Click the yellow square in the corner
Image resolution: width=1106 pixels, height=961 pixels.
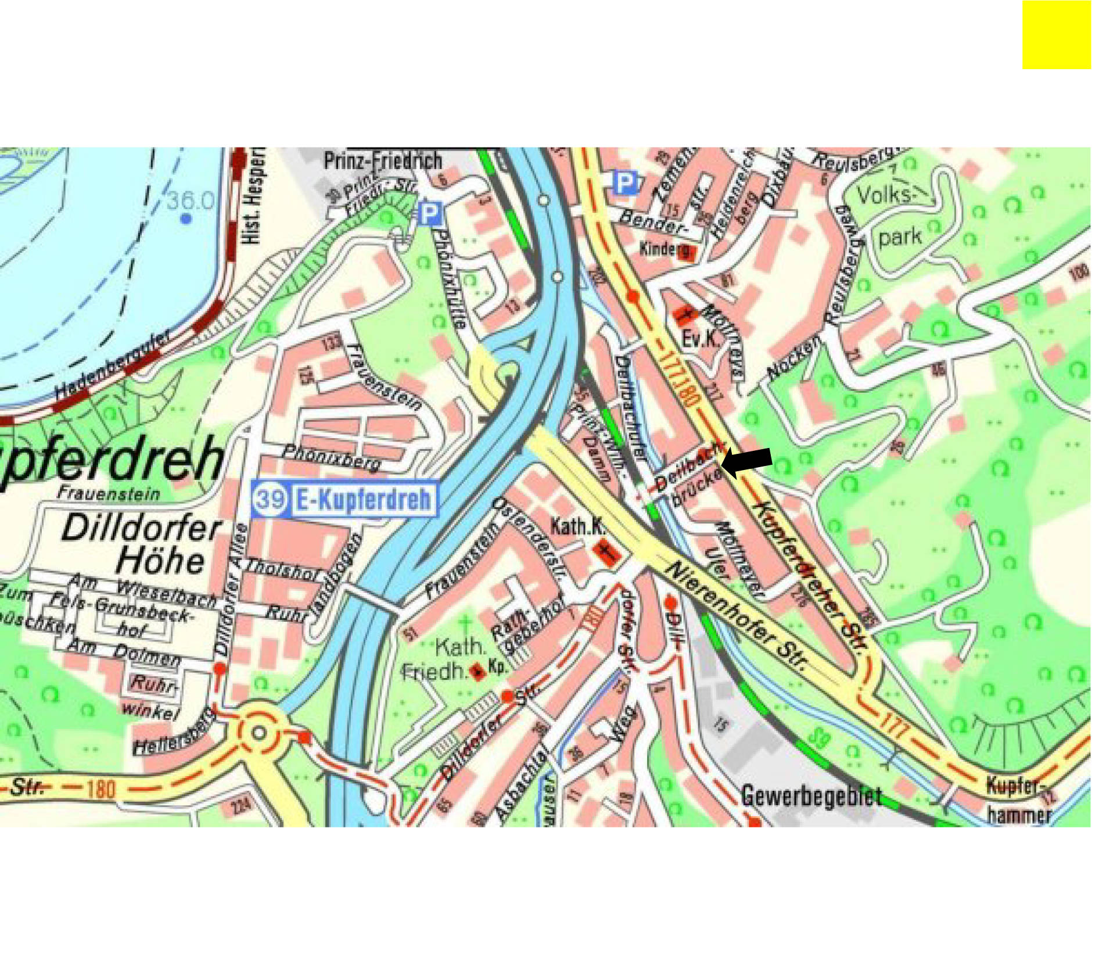pyautogui.click(x=1056, y=35)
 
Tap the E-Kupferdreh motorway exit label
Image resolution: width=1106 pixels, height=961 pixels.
pyautogui.click(x=364, y=499)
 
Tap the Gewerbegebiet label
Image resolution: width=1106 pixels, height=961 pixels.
pyautogui.click(x=812, y=795)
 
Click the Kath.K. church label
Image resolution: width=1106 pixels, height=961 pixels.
pyautogui.click(x=577, y=526)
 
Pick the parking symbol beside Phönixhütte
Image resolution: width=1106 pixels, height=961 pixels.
pyautogui.click(x=430, y=213)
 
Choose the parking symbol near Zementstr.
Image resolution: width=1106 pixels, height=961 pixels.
pyautogui.click(x=625, y=183)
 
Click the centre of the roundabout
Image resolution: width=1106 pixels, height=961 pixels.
pyautogui.click(x=259, y=733)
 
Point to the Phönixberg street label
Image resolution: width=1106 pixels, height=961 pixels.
pyautogui.click(x=332, y=457)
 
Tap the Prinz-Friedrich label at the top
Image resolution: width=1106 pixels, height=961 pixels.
pyautogui.click(x=383, y=161)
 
